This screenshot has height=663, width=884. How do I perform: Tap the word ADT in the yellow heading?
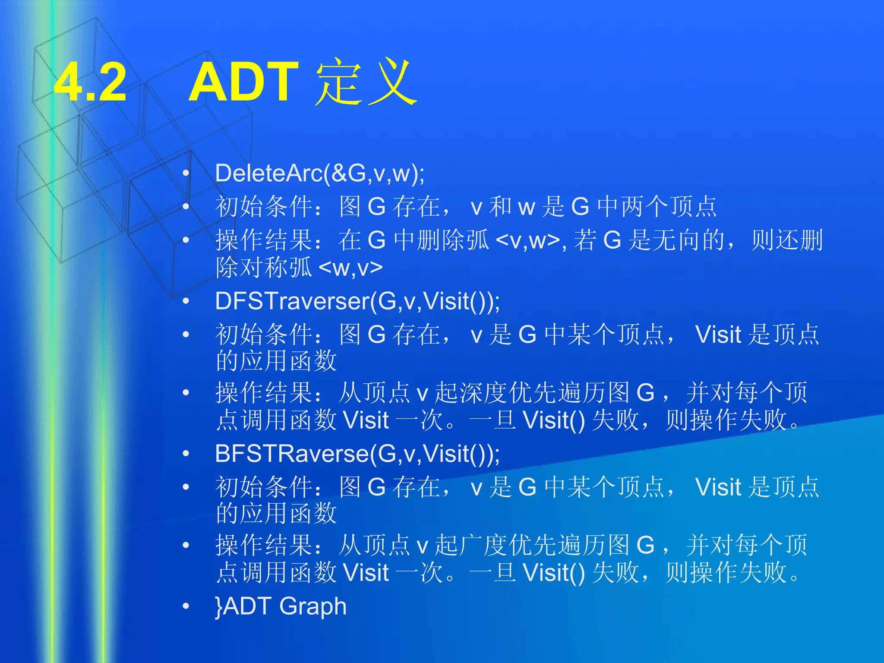coord(244,82)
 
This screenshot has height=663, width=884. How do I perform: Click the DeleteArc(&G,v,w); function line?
coord(320,174)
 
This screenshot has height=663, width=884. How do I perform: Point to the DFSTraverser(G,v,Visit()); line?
coord(357,301)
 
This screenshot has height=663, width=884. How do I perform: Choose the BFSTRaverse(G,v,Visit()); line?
coord(357,454)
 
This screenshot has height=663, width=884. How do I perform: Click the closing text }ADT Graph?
coord(281,606)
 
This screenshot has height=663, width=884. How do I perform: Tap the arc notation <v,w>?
coord(528,240)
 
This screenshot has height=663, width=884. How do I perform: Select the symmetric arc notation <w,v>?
coord(350,268)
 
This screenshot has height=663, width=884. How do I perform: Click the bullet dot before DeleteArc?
coord(186,174)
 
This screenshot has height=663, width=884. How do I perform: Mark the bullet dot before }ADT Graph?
coord(186,606)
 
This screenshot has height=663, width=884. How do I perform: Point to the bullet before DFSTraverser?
coord(186,301)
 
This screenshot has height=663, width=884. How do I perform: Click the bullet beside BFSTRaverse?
coord(186,454)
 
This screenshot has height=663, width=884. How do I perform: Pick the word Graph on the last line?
coord(313,606)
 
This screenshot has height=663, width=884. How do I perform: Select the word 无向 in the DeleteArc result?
coord(677,240)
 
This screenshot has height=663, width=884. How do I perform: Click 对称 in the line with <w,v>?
coord(252,268)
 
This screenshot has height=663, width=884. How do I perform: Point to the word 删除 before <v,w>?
coord(441,240)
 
